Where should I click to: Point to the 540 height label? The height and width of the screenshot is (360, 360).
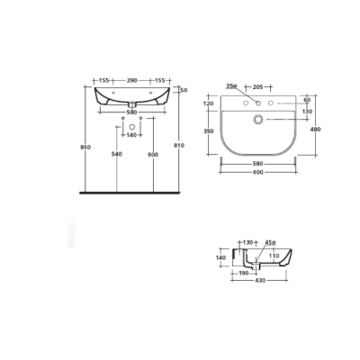(x=116, y=155)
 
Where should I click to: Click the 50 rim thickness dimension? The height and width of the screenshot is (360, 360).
(x=184, y=90)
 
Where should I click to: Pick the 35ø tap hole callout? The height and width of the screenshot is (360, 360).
(x=232, y=87)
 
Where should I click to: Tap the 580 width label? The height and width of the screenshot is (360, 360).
(x=259, y=163)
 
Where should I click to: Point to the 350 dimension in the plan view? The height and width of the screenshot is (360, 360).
(x=211, y=131)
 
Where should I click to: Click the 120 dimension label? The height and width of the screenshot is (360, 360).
(x=211, y=103)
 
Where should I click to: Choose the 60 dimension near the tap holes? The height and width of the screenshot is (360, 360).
(x=307, y=99)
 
